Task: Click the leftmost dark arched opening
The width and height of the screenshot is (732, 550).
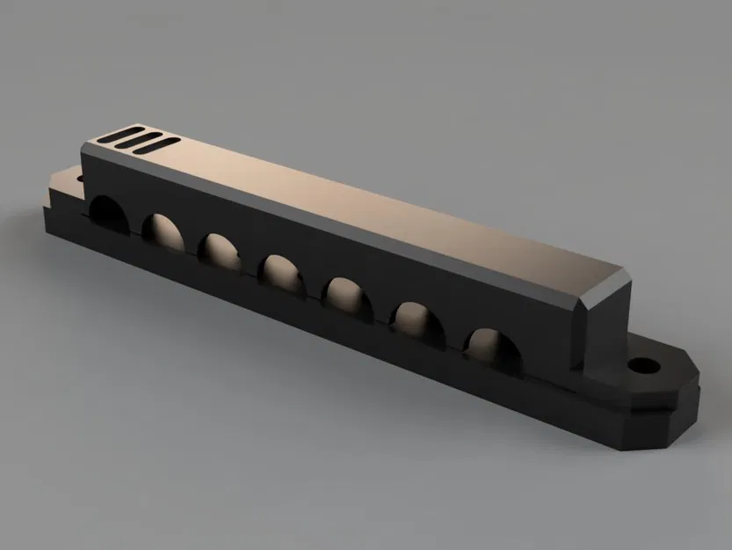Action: click(107, 211)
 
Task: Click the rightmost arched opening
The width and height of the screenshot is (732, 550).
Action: click(489, 344)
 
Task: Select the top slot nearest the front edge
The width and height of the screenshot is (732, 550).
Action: click(158, 144)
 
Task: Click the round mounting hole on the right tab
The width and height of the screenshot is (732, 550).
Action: click(647, 362)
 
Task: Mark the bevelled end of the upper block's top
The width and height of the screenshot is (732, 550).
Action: click(605, 286)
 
